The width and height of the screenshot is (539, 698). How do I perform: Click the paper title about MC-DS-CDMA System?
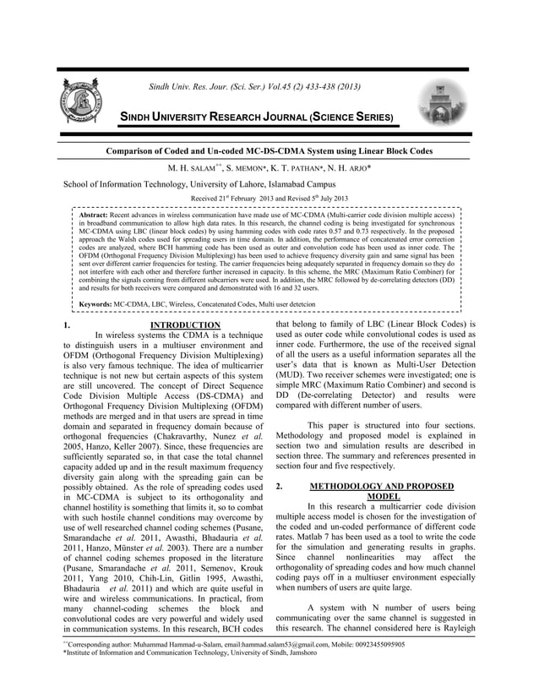point(269,150)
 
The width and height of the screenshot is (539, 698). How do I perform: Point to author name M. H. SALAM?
point(194,167)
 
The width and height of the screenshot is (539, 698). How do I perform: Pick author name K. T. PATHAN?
point(308,167)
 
